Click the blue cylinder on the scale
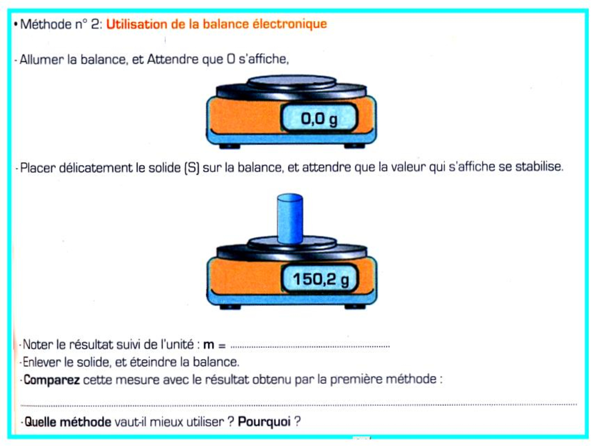(x=290, y=218)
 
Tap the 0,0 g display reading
(x=319, y=119)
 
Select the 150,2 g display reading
(x=321, y=279)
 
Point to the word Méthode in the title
(x=46, y=24)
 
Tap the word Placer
(x=38, y=168)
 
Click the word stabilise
(x=539, y=167)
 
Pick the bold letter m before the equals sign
(x=209, y=345)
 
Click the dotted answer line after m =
(x=310, y=346)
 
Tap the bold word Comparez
(x=52, y=380)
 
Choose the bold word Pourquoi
(x=264, y=422)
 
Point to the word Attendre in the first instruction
(x=173, y=59)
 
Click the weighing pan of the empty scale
(x=292, y=82)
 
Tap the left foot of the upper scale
(x=229, y=146)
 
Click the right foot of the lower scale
(x=355, y=307)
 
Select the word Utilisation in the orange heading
(x=137, y=24)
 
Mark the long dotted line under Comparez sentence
(x=299, y=405)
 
